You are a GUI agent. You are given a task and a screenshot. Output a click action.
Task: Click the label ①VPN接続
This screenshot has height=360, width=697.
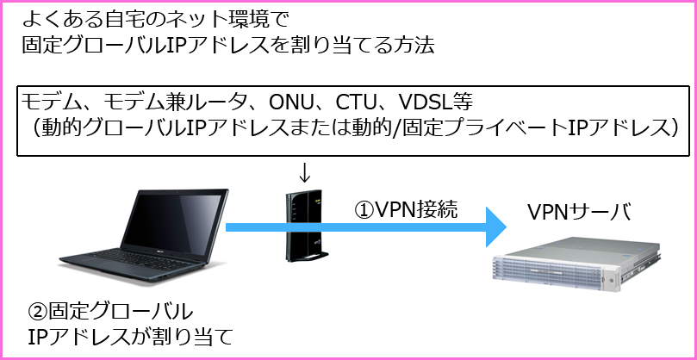coord(404,208)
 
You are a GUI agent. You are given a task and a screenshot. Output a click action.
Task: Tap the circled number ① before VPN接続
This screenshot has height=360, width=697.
coord(365,208)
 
